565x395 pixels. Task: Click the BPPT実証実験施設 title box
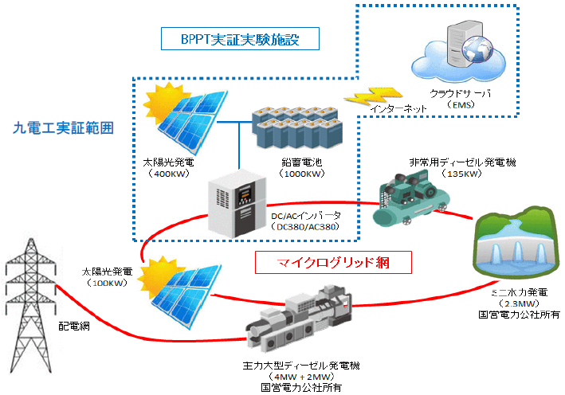click(239, 38)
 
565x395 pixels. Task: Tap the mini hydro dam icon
click(515, 248)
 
